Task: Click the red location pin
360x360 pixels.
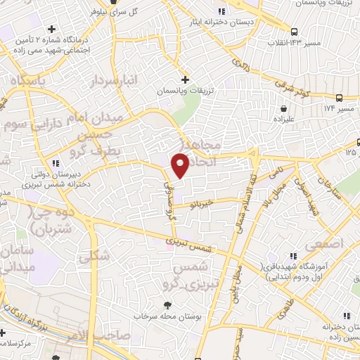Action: [181, 165]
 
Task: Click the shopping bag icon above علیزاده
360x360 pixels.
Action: [283, 110]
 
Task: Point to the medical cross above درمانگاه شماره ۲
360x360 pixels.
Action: [52, 29]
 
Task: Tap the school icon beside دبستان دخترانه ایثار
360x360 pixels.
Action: [222, 11]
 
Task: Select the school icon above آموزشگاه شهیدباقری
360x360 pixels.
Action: [293, 255]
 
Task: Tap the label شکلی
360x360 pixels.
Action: [95, 257]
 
